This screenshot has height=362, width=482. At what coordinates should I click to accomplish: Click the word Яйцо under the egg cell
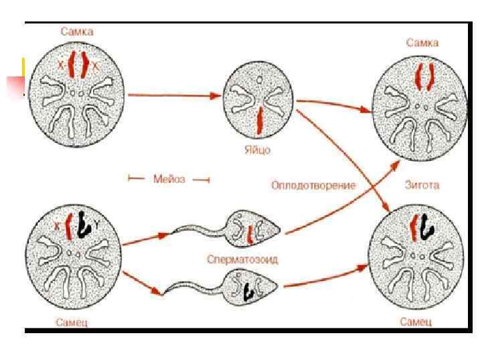click(x=258, y=149)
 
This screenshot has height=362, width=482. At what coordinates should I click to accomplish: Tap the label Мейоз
click(x=169, y=179)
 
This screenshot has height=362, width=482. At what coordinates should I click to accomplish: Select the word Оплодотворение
click(x=313, y=185)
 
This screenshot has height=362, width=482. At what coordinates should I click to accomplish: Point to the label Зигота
click(x=422, y=185)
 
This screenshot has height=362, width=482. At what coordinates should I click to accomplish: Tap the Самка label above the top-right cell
click(x=422, y=43)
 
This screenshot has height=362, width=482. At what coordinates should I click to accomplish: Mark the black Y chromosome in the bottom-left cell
click(x=84, y=226)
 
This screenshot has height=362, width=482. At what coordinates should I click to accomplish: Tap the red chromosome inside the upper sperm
click(x=249, y=234)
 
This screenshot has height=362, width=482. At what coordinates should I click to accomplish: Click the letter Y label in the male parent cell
click(x=97, y=225)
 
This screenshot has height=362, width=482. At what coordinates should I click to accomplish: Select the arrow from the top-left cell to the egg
click(x=174, y=95)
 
